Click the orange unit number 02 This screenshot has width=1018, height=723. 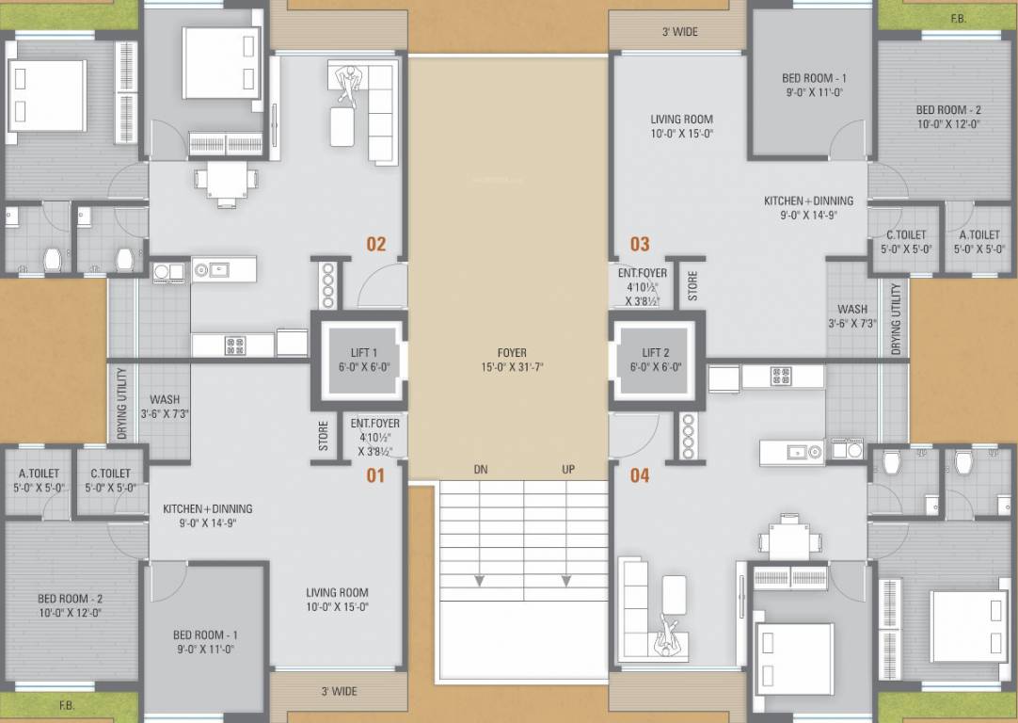pyautogui.click(x=376, y=245)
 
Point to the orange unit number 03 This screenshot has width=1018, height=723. pyautogui.click(x=640, y=245)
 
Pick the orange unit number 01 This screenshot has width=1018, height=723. pyautogui.click(x=375, y=475)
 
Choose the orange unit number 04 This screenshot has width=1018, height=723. pyautogui.click(x=640, y=475)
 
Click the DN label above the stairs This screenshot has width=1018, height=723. pyautogui.click(x=481, y=470)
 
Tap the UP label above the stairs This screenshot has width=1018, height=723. pyautogui.click(x=567, y=470)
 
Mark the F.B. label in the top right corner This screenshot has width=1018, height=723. pyautogui.click(x=958, y=19)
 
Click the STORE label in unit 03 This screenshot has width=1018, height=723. pyautogui.click(x=692, y=286)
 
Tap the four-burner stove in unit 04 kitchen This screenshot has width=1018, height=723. pyautogui.click(x=781, y=377)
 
